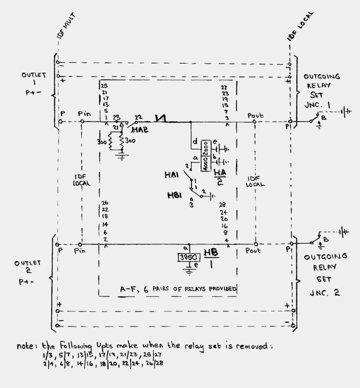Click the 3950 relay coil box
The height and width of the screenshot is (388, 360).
click(x=189, y=258)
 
